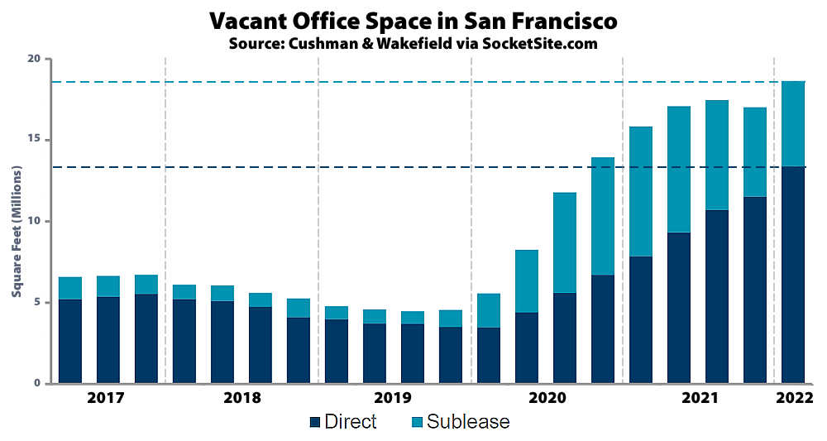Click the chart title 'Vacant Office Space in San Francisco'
413,20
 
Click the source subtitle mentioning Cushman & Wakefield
413,43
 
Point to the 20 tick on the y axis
33,60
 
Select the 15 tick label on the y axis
33,141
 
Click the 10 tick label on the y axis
33,222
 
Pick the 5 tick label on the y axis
36,303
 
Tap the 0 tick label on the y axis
36,384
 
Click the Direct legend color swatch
314,423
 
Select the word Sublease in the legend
468,422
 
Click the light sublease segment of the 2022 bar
793,123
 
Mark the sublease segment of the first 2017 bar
70,288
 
